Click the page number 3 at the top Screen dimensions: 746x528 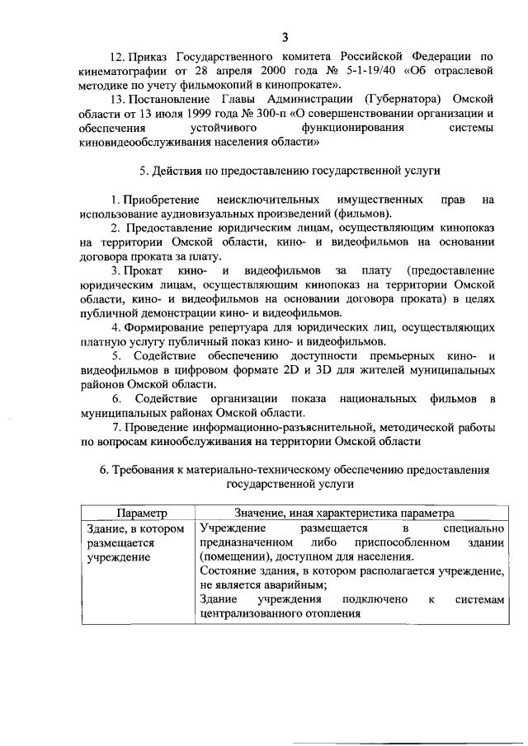point(285,37)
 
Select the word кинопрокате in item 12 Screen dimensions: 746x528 point(299,86)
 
